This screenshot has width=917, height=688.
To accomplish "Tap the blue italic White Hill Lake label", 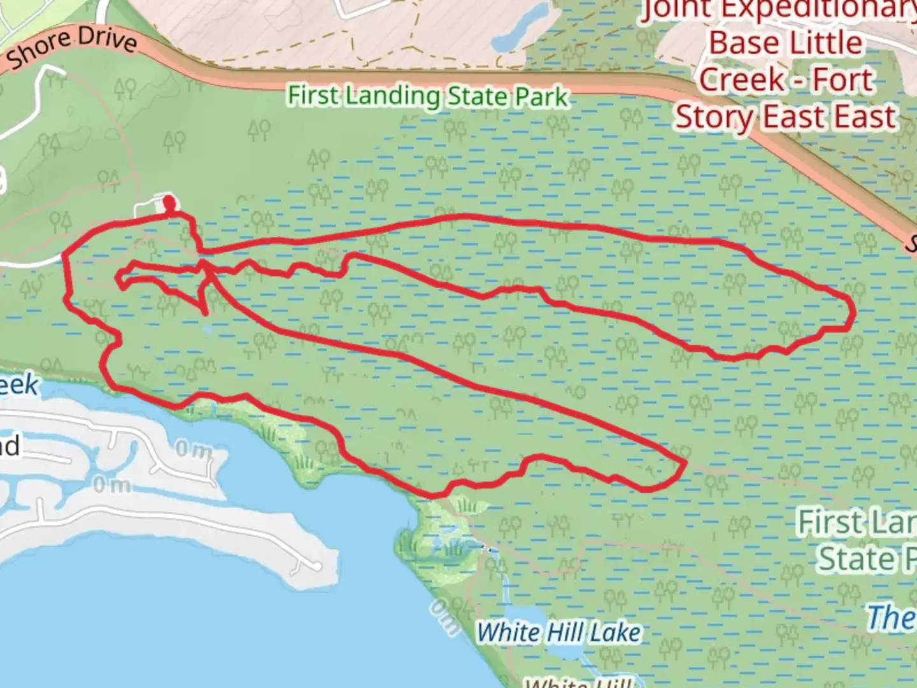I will [x=558, y=633].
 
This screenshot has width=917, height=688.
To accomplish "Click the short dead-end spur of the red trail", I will [x=205, y=311].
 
